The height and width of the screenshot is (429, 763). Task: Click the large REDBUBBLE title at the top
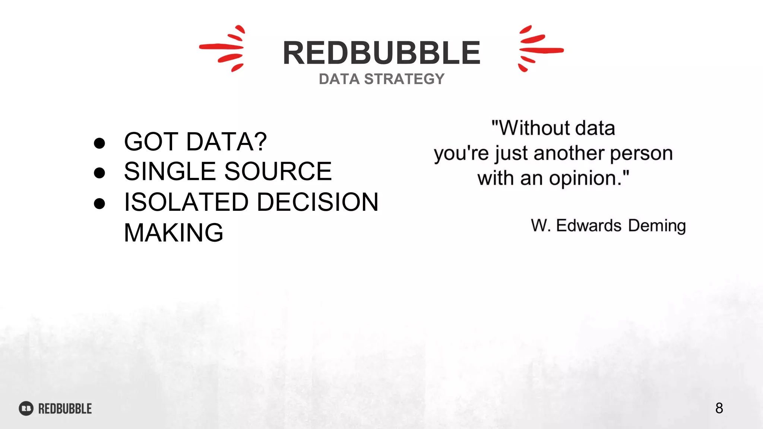point(381,53)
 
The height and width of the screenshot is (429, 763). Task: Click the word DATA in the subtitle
point(339,79)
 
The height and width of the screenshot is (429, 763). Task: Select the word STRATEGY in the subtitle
point(404,79)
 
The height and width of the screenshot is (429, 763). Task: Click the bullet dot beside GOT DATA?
point(99,143)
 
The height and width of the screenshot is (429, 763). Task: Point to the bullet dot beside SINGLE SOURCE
point(99,173)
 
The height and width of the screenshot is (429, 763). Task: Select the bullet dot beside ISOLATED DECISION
point(99,203)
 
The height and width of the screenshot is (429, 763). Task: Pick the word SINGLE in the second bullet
point(170,172)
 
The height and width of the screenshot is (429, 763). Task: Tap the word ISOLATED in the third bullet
point(186,202)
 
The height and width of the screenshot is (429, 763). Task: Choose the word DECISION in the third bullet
point(317,202)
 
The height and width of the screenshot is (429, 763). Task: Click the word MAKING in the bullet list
point(174,233)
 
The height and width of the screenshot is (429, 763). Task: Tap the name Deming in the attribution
point(657,226)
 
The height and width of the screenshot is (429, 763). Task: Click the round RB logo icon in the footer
point(26,409)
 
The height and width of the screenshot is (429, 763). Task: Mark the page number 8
point(719,408)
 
